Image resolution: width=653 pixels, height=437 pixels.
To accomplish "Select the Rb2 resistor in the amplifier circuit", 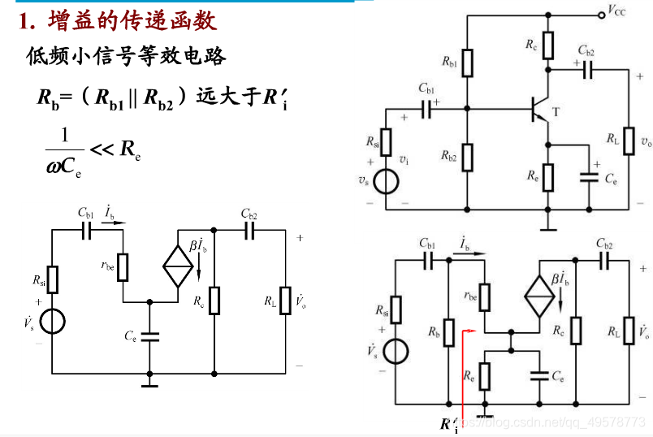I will coord(467,158).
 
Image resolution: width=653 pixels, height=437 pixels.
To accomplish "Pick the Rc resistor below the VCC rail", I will coord(549,45).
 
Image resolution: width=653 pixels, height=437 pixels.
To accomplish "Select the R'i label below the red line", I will coord(449,424).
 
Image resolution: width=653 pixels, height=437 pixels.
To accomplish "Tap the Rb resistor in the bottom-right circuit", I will coord(448,332).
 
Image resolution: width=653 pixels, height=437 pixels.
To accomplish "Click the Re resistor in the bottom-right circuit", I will coord(485,376).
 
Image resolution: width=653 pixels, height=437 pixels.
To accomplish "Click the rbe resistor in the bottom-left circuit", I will coord(123,266).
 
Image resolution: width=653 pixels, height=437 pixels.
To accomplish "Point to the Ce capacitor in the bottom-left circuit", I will coord(149,335).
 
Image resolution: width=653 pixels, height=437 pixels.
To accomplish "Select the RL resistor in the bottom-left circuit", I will coord(285,300).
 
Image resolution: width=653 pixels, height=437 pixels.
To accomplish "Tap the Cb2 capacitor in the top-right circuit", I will coord(587,71).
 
